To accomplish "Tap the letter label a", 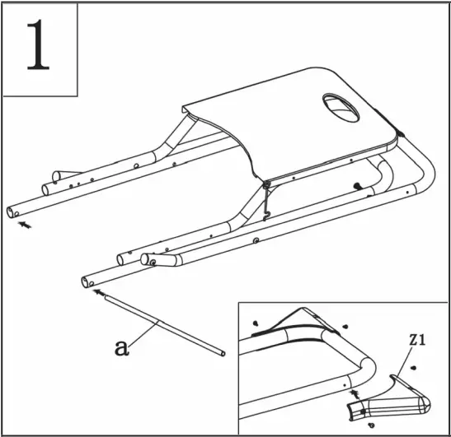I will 121,347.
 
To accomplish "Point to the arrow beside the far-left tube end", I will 28,224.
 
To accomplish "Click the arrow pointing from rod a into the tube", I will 100,291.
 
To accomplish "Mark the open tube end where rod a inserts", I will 86,282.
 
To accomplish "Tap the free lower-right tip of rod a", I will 223,355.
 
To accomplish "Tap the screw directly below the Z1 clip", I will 372,425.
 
